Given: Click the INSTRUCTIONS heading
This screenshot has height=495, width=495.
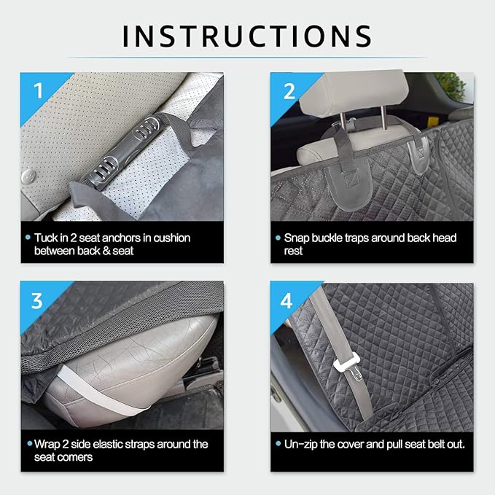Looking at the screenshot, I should point(247,35).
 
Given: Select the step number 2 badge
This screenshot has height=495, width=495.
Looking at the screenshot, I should point(289,90).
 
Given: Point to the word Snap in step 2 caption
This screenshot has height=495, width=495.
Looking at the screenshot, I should point(298,238).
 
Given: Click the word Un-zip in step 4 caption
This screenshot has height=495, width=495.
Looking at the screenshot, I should point(303,444).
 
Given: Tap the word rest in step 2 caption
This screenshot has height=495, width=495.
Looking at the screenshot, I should point(292,251).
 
